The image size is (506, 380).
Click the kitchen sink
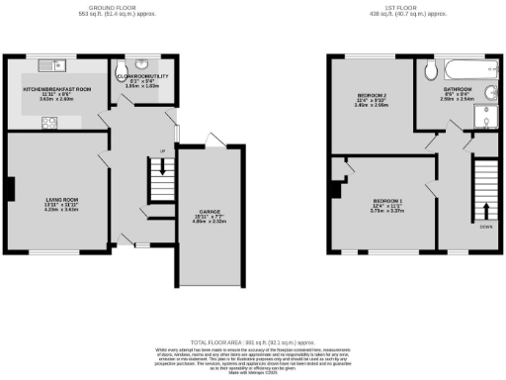coord(50,65)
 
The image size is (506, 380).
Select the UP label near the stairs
coord(162,152)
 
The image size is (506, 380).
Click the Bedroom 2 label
coord(371,96)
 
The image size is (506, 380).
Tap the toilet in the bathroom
coord(430,69)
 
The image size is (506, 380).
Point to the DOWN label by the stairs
coord(485,228)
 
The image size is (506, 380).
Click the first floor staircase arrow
coord(485,210)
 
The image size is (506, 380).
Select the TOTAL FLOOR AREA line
coord(252,339)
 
